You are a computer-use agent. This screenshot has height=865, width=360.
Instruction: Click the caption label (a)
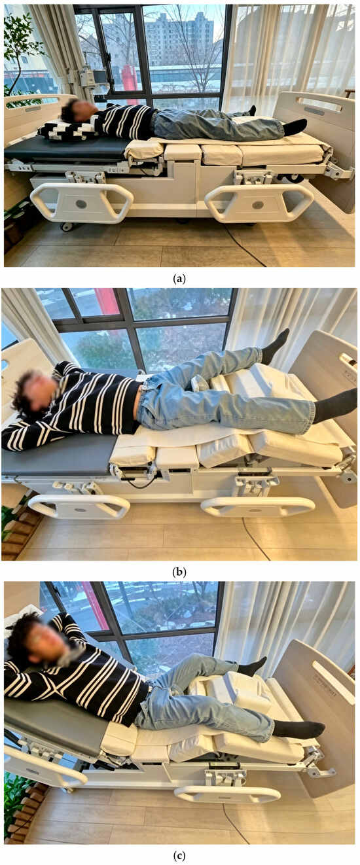point(180,279)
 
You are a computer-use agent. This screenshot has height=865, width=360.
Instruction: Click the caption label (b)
point(180,571)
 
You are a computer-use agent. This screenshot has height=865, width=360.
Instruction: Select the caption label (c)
point(180,856)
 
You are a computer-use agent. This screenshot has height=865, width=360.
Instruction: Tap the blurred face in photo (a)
point(79,109)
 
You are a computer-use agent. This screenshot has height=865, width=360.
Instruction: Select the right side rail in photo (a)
point(259,202)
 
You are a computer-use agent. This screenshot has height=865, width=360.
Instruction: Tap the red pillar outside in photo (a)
point(130,79)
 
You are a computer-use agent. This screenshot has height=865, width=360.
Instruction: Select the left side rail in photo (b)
point(79,505)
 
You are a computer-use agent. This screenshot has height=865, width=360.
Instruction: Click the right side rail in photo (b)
point(258,506)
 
